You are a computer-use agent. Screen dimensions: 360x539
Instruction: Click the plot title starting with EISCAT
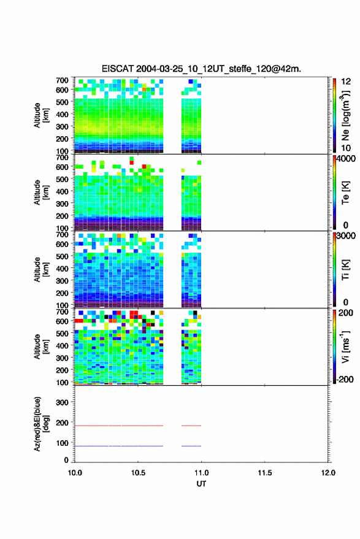(x=201, y=69)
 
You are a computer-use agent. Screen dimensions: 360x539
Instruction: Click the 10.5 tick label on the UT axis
(x=138, y=473)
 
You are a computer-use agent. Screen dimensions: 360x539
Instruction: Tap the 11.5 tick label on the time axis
(x=264, y=473)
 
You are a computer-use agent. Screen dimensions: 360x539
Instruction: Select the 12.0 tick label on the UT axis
(x=328, y=473)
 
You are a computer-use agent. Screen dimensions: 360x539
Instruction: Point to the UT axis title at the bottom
(x=201, y=484)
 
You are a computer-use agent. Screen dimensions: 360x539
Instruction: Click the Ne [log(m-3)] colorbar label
(x=345, y=116)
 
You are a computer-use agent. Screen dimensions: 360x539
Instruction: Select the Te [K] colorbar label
(x=345, y=193)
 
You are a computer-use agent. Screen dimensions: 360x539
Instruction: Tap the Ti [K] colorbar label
(x=345, y=270)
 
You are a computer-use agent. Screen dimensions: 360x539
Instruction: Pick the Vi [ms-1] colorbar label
(x=345, y=346)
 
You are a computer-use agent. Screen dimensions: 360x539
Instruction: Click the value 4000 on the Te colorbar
(x=346, y=159)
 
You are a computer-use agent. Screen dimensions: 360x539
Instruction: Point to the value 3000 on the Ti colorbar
(x=346, y=236)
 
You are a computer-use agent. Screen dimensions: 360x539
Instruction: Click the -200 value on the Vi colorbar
(x=345, y=379)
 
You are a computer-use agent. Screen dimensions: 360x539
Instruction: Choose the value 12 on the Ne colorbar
(x=346, y=82)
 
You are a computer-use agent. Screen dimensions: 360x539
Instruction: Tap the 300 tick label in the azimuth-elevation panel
(x=62, y=402)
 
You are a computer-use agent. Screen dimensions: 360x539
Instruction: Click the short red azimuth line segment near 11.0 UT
(x=191, y=426)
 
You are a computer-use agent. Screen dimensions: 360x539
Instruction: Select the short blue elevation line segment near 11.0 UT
(x=191, y=446)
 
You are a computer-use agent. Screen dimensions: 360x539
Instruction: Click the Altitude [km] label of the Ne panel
(x=41, y=115)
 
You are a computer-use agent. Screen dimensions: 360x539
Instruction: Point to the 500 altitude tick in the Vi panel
(x=62, y=334)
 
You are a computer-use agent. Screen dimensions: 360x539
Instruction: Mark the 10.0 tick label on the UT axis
(x=75, y=473)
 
